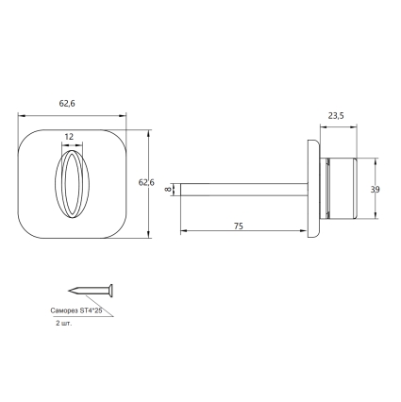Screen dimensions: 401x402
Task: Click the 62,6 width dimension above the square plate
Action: [x=67, y=104]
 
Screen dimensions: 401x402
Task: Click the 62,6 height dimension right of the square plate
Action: [x=146, y=182]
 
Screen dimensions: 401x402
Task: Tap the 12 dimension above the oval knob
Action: [x=69, y=137]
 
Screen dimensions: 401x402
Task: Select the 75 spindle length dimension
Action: [x=239, y=226]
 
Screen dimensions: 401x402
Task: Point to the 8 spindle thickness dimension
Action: [x=169, y=190]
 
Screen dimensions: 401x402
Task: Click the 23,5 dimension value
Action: [x=336, y=116]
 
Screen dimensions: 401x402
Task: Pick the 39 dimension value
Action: [x=375, y=190]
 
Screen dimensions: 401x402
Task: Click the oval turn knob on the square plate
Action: [x=72, y=184]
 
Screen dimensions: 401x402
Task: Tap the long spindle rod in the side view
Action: [x=244, y=190]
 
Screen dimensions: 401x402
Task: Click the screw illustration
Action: [x=91, y=290]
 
